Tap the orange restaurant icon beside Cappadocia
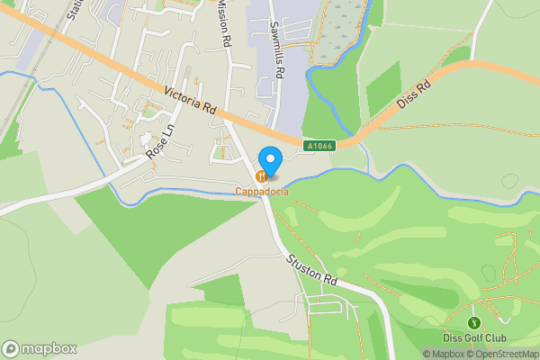[x=260, y=177]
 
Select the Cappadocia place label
[x=262, y=191]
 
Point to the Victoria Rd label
[x=192, y=100]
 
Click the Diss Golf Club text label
[x=474, y=338]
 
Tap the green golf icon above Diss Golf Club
[x=474, y=323]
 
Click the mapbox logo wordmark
[x=40, y=348]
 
